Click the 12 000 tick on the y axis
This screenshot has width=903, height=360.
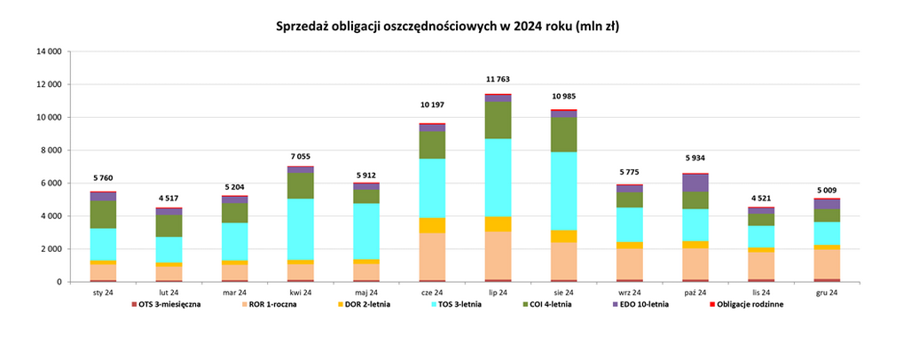coord(48,84)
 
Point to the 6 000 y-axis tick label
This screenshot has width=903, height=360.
coord(51,183)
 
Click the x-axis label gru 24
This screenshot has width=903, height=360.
coord(826,292)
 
